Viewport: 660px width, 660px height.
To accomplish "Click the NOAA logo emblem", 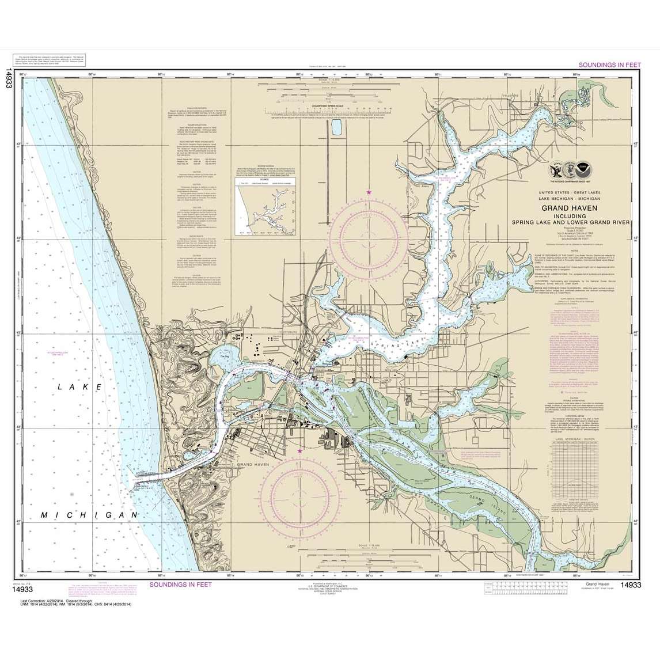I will click(586, 170).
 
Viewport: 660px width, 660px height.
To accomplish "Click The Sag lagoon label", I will click(224, 356).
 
